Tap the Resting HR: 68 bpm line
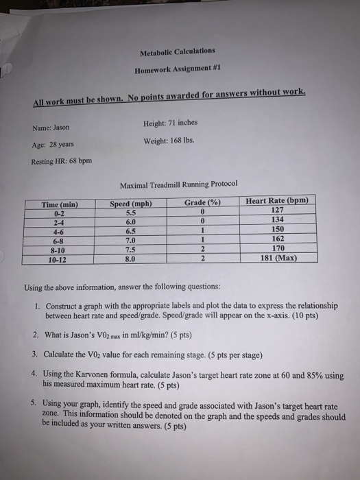pyautogui.click(x=60, y=162)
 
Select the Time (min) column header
pyautogui.click(x=59, y=204)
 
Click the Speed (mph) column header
pyautogui.click(x=130, y=204)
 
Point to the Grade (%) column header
pyautogui.click(x=201, y=203)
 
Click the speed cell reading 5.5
pyautogui.click(x=128, y=213)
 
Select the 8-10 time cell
pyautogui.click(x=58, y=252)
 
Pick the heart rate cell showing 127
pyautogui.click(x=276, y=211)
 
